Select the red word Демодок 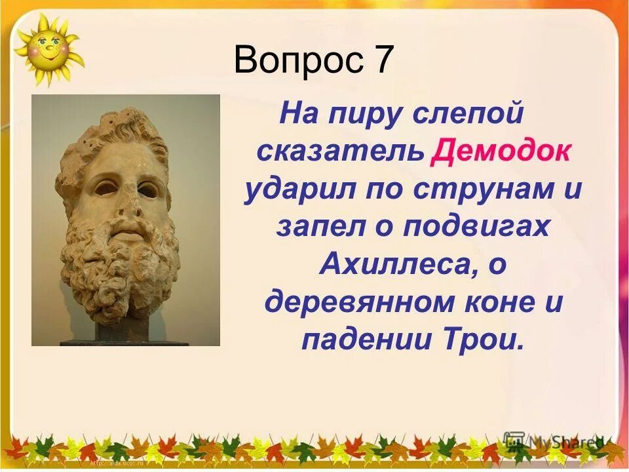[501, 153]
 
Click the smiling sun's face [48, 49]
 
